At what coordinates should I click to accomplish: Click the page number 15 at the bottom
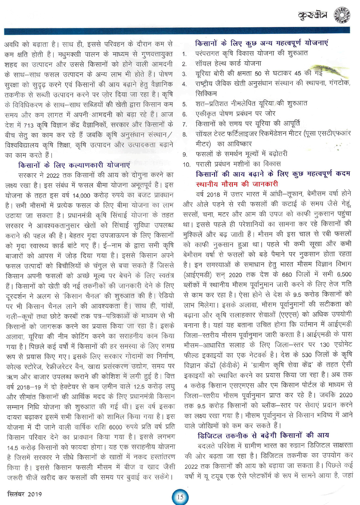click(180, 497)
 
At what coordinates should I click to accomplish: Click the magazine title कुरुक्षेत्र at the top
click(312, 15)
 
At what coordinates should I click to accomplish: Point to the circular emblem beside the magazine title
click(341, 15)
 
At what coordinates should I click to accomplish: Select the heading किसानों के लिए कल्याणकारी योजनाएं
click(74, 165)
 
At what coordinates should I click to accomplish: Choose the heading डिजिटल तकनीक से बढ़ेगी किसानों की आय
click(263, 435)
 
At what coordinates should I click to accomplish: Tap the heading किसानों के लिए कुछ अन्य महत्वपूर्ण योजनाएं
click(261, 43)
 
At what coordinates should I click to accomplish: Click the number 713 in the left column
click(28, 125)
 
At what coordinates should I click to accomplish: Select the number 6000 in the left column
click(116, 427)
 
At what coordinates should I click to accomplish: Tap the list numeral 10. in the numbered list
click(186, 164)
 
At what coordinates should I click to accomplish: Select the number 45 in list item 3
click(298, 73)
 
